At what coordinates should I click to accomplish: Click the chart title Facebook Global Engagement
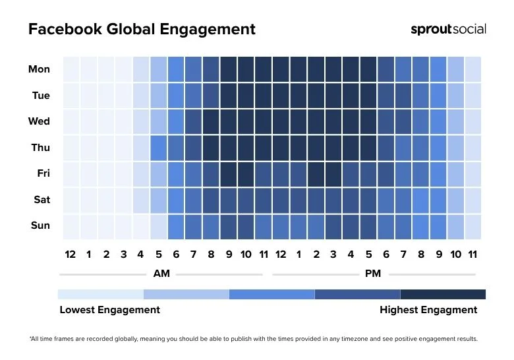click(142, 30)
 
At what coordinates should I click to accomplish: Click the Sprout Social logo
click(448, 29)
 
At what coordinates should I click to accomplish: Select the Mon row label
click(39, 69)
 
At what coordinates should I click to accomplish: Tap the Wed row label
click(39, 121)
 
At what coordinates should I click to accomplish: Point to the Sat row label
click(42, 199)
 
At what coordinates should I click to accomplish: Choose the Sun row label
click(40, 225)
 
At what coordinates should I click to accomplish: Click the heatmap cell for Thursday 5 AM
click(158, 148)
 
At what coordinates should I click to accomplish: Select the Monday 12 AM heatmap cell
click(71, 69)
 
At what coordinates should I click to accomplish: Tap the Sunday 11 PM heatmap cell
click(473, 226)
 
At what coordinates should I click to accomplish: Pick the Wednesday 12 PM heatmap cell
click(281, 121)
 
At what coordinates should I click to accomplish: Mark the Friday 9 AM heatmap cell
click(228, 174)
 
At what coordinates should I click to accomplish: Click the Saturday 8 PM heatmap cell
click(420, 200)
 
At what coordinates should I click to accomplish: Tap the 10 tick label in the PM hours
click(455, 255)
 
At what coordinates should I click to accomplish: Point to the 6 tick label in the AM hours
click(176, 255)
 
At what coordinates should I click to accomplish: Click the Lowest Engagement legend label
click(109, 310)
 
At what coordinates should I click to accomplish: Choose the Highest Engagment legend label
click(428, 310)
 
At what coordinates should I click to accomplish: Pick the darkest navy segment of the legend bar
click(443, 294)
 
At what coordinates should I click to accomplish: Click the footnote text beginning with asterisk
click(253, 339)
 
